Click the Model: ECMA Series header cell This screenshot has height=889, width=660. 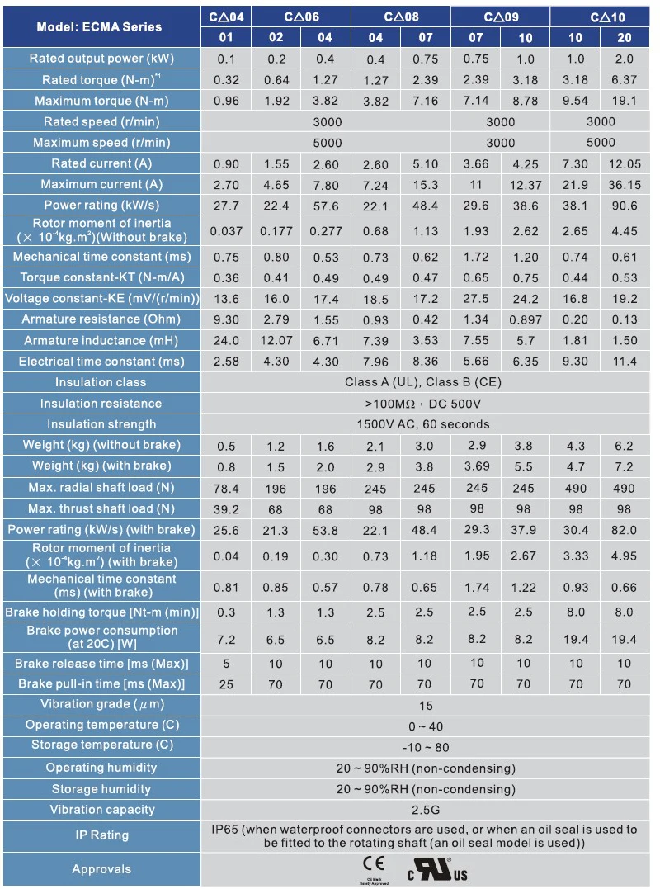pos(100,26)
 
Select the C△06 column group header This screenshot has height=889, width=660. pos(301,16)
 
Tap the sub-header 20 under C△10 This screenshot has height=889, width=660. pos(625,37)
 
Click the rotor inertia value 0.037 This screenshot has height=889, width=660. pos(226,231)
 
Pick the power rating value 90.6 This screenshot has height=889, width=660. pos(625,205)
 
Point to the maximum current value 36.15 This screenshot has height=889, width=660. pos(625,184)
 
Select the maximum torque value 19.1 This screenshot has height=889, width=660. pos(625,101)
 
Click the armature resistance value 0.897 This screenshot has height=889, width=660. pos(526,319)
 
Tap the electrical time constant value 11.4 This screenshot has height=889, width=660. pos(625,361)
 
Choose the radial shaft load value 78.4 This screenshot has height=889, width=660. pos(226,488)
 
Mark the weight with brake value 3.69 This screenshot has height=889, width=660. pos(477,466)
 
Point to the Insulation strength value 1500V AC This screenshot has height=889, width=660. pos(422,424)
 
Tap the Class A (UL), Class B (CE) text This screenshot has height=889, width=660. pos(422,382)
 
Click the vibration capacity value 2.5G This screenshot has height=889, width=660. pos(422,810)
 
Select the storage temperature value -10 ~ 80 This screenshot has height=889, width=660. pos(422,746)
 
